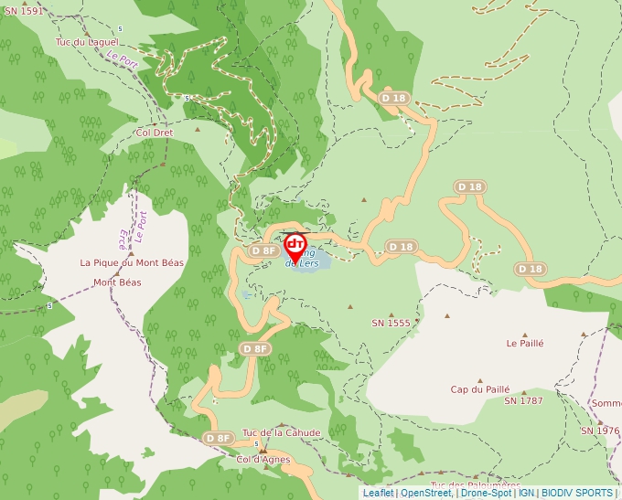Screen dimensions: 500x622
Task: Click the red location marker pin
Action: [x=295, y=248]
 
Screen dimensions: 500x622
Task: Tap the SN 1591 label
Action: [x=22, y=11]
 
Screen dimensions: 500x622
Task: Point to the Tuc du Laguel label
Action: [x=88, y=42]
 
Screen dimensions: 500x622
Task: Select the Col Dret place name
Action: [x=154, y=132]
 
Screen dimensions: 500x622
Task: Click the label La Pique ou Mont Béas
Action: [x=132, y=262]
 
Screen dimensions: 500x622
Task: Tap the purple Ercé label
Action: [x=123, y=239]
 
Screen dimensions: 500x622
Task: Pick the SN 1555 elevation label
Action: [x=391, y=323]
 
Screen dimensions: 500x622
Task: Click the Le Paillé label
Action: [x=525, y=344]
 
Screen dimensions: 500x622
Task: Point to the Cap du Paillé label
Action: [x=479, y=389]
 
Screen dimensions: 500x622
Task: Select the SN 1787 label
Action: [x=523, y=400]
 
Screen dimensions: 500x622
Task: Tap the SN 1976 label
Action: [x=599, y=431]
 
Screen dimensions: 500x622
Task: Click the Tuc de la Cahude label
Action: [x=281, y=432]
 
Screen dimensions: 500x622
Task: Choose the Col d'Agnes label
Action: [x=263, y=459]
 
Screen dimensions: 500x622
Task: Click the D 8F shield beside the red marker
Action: [x=263, y=250]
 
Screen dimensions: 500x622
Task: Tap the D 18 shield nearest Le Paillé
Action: [x=530, y=269]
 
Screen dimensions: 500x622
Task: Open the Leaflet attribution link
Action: [x=378, y=493]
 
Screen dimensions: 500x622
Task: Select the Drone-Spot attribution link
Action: [x=486, y=493]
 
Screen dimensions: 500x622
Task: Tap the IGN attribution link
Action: [x=527, y=493]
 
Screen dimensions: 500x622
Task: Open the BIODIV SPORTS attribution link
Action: [x=577, y=493]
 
